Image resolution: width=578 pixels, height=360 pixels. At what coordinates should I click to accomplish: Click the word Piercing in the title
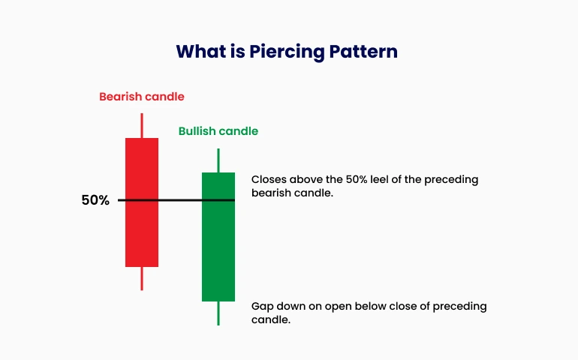tap(287, 52)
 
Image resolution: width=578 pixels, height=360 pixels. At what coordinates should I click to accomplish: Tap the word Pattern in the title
tap(363, 51)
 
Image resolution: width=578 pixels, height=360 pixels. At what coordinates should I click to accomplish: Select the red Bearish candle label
tap(142, 97)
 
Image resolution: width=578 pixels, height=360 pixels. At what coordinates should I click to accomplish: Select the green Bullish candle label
tap(218, 131)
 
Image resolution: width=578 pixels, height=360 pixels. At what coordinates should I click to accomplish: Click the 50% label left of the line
tap(95, 200)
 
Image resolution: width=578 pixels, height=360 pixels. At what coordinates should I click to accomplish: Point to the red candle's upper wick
tap(142, 126)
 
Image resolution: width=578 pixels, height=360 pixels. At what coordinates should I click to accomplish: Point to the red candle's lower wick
tap(142, 278)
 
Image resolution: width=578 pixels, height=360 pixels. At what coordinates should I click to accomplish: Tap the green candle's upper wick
tap(218, 160)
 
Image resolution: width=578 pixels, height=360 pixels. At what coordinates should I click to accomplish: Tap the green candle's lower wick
tap(218, 313)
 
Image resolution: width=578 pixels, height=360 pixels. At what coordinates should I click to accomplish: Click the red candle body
tap(142, 202)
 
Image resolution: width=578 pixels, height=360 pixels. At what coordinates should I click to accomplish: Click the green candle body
tap(218, 237)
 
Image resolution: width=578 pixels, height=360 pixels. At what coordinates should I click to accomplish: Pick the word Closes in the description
tap(269, 179)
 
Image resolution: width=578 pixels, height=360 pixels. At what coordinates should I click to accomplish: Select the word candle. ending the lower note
tap(271, 319)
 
